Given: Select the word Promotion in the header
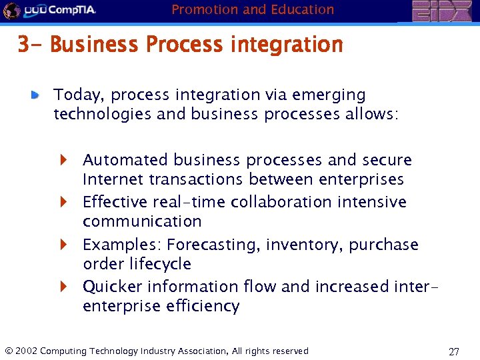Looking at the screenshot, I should (x=201, y=9).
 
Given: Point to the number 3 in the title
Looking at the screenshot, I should (x=23, y=45).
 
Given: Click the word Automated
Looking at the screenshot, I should (x=125, y=160).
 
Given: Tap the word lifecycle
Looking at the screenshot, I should (x=160, y=264).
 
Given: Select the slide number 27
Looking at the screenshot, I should (x=453, y=351).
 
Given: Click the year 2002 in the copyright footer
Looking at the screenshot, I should (x=26, y=351).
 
